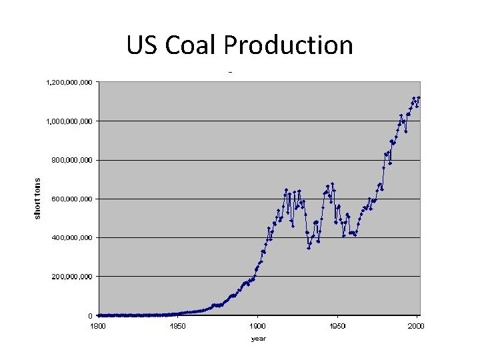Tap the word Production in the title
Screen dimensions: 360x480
point(288,45)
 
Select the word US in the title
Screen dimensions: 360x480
point(141,45)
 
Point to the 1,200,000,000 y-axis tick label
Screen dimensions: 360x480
point(70,83)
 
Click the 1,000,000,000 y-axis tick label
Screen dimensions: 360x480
point(70,121)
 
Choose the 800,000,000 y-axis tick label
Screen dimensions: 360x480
point(73,160)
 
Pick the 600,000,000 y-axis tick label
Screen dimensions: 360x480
point(73,199)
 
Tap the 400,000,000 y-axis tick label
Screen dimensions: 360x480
point(73,237)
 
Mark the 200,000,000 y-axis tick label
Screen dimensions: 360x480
point(73,276)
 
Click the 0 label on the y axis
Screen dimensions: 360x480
point(90,315)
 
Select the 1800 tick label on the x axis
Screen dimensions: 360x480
point(98,326)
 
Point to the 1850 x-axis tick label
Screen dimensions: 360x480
point(178,326)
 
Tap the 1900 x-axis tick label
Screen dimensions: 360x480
point(258,326)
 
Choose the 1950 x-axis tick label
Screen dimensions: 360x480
point(338,326)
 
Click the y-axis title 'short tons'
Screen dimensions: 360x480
point(37,197)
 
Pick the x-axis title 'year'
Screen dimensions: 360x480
point(258,339)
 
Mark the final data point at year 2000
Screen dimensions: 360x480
point(419,98)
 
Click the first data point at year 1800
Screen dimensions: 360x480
point(99,315)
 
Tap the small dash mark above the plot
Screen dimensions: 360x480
point(231,72)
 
